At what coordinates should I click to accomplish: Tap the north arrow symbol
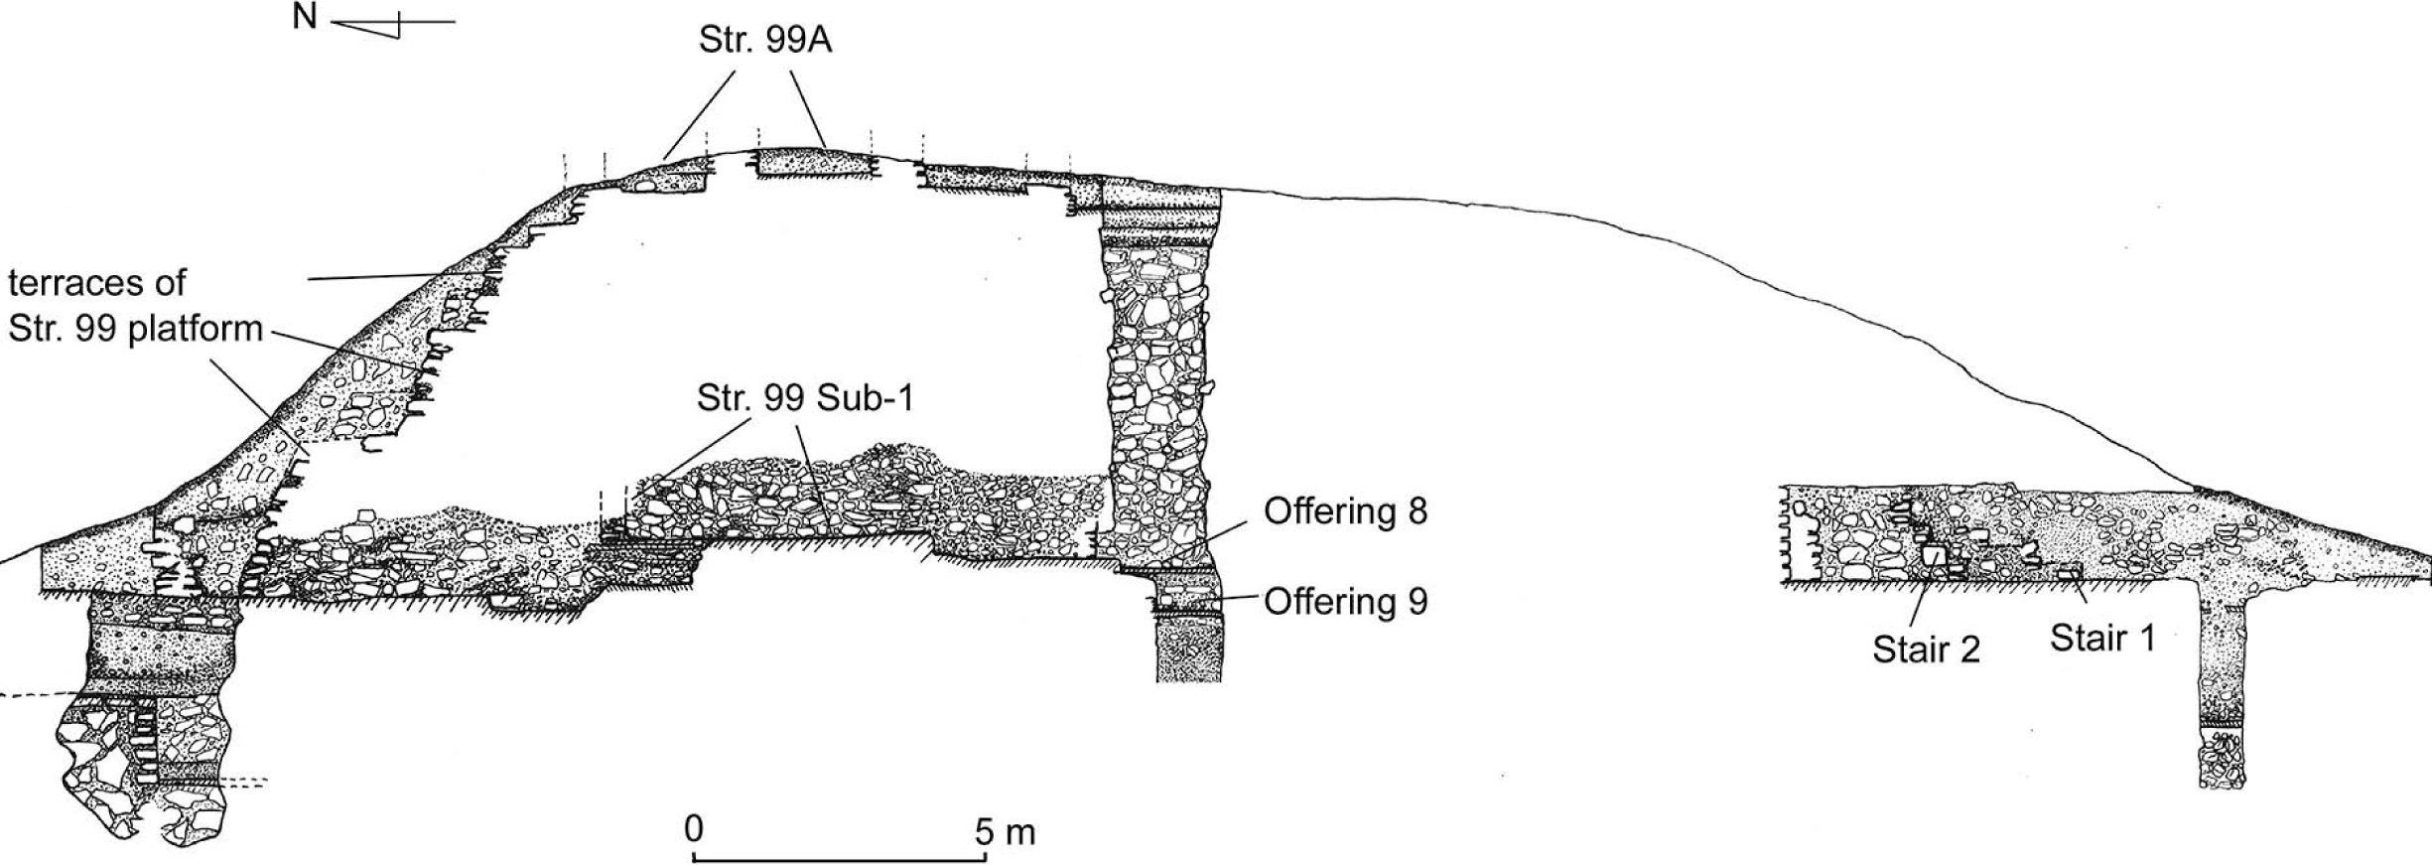(392, 25)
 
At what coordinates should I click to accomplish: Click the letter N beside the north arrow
(305, 19)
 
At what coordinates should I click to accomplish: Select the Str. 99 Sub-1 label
(804, 399)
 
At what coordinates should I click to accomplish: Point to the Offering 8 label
(1345, 511)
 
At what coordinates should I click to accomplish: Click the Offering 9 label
(1345, 601)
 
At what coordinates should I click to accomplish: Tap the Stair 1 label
(2102, 638)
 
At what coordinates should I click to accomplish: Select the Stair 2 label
(1926, 649)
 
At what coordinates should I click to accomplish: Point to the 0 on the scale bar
(694, 828)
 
